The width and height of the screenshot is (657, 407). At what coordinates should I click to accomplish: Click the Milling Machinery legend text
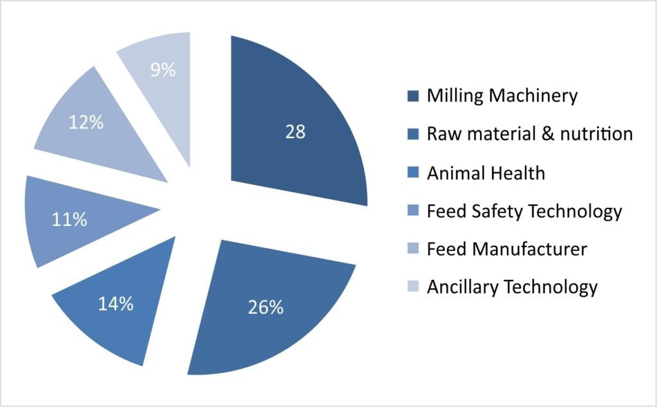tap(502, 96)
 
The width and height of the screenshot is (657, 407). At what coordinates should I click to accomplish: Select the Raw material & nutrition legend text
tap(530, 134)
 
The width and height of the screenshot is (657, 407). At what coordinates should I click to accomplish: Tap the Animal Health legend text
tap(486, 173)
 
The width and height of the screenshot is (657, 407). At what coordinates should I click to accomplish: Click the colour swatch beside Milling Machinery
tap(413, 97)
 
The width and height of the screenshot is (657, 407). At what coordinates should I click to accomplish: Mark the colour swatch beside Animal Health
tap(413, 173)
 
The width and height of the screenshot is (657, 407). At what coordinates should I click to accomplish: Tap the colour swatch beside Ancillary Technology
tap(413, 287)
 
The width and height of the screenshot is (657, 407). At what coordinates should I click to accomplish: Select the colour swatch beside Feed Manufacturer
tap(413, 249)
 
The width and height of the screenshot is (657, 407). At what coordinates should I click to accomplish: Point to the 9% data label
tap(163, 70)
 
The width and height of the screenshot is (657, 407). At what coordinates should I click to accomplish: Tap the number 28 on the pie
tap(296, 132)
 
